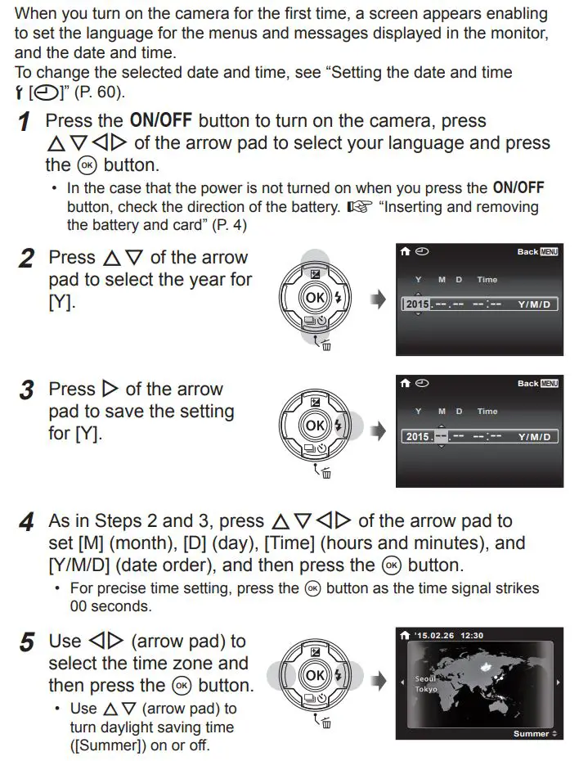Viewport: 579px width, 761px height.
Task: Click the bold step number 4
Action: pos(27,522)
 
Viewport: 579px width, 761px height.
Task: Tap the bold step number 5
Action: pos(27,643)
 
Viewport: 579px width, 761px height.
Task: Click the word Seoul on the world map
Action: pos(424,678)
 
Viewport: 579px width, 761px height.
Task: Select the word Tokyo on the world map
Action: pos(425,689)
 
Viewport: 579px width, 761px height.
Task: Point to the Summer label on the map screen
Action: pos(531,733)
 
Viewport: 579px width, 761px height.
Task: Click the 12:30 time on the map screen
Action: pos(472,634)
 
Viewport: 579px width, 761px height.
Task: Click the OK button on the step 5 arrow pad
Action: pos(315,675)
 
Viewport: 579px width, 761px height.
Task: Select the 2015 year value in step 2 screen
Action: pos(417,304)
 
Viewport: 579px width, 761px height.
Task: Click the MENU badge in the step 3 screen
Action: pos(549,383)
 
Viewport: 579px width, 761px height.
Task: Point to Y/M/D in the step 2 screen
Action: pos(534,304)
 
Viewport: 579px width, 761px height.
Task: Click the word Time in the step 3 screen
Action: pos(487,412)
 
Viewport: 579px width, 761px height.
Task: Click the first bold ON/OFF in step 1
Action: pos(159,121)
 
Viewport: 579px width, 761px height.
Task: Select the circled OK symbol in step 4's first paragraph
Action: pos(391,565)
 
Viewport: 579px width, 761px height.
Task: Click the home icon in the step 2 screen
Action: pos(404,251)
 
